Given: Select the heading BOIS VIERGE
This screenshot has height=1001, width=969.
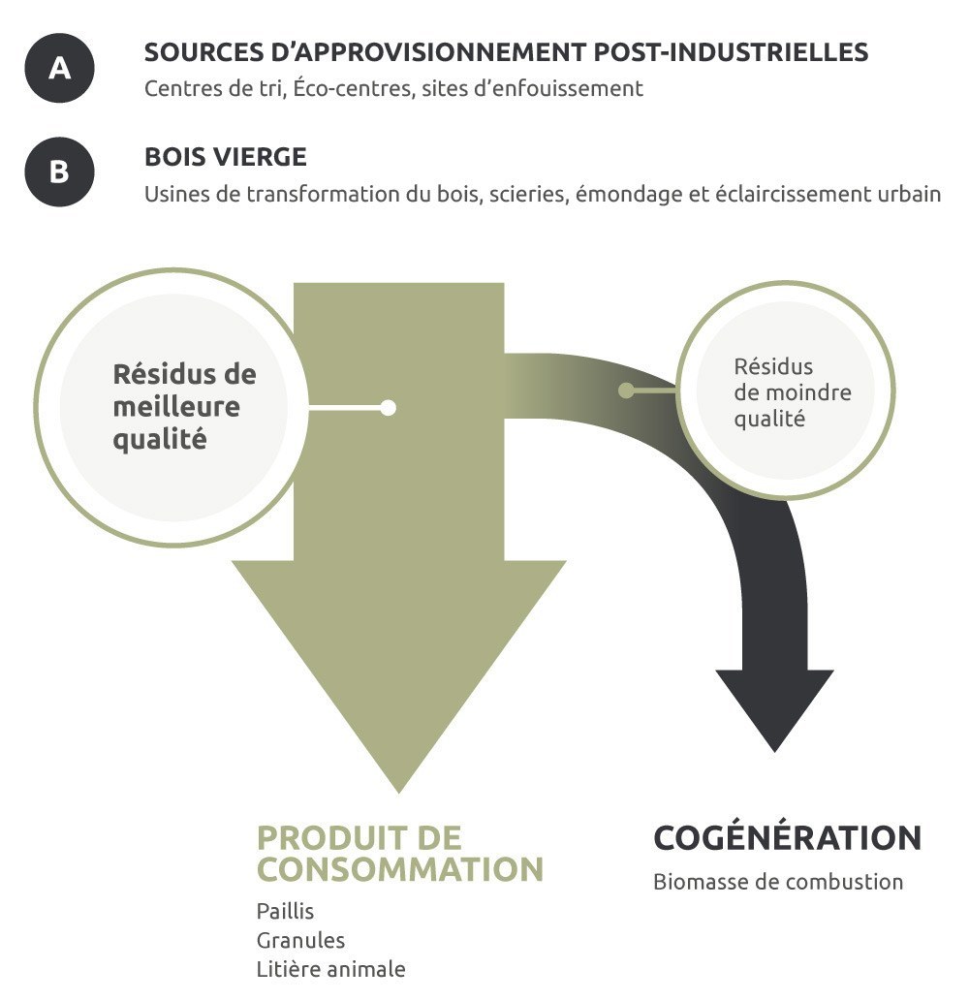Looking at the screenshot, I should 226,157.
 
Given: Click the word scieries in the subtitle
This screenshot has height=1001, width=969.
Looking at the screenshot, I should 527,193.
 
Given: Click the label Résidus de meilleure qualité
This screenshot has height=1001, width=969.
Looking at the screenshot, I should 184,406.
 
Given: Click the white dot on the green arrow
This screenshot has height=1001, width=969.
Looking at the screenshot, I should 388,408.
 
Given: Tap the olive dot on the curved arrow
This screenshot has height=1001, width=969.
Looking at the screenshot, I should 626,391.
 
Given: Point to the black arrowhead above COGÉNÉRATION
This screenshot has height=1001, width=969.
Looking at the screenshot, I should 774,707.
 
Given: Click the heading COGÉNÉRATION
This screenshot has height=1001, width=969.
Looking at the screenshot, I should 787,838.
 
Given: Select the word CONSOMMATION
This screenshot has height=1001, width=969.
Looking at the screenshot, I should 399,869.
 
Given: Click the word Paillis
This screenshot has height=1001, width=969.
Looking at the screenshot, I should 286,912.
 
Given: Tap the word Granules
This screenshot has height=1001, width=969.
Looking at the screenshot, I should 300,940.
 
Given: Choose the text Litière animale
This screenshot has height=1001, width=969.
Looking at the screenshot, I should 331,969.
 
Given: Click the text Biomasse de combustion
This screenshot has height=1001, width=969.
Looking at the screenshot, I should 777,882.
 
